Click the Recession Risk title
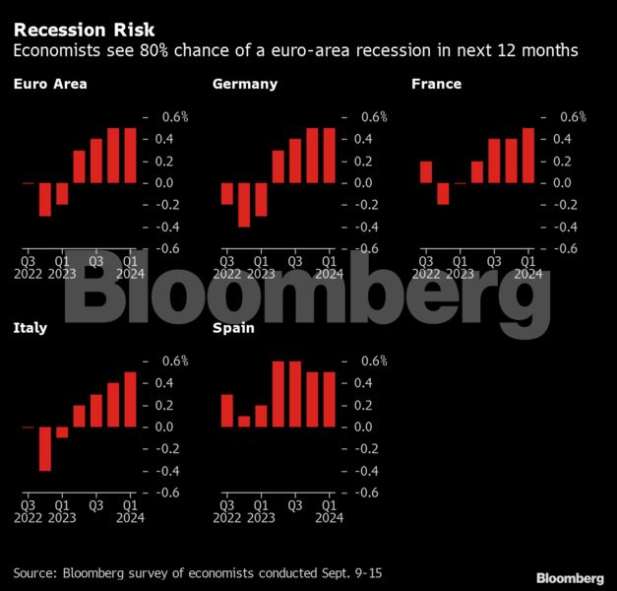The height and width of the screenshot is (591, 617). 84,31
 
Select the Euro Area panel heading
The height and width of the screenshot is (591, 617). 50,84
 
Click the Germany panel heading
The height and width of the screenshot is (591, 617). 245,85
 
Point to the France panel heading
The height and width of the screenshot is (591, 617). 436,84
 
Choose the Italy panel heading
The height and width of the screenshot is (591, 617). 31,328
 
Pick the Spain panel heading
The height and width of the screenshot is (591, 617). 233,328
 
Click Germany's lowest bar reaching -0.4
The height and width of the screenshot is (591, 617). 244,205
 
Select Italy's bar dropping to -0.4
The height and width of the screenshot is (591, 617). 45,449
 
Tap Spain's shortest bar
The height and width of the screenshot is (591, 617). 244,422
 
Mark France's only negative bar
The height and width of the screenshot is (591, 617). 443,194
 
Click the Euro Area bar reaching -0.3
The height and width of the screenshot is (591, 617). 45,199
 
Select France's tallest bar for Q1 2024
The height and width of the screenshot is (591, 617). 528,156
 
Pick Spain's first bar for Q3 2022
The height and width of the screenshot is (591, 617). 227,411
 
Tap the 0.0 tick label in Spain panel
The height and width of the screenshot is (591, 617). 363,427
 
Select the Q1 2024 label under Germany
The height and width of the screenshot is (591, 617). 330,268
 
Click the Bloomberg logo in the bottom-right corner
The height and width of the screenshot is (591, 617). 570,578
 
